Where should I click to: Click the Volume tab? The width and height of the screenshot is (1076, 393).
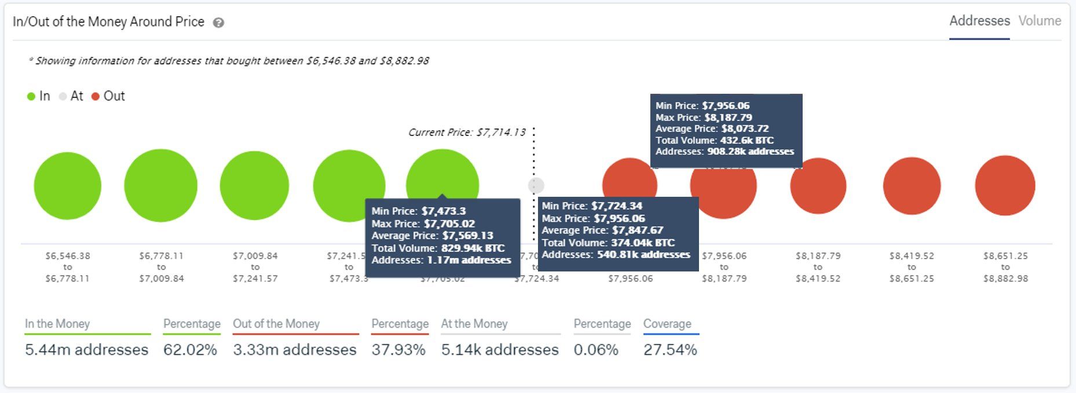[1040, 21]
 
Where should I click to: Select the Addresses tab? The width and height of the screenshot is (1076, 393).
[979, 21]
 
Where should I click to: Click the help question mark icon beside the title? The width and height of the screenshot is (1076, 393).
[218, 23]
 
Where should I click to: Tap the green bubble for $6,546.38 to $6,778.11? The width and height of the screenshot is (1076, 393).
[68, 186]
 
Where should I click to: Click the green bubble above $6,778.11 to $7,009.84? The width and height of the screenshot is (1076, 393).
[161, 186]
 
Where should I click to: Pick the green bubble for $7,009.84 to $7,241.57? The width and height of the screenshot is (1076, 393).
[254, 186]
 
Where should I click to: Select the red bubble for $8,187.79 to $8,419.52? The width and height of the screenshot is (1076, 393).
[818, 186]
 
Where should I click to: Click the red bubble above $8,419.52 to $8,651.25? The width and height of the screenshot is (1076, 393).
[912, 186]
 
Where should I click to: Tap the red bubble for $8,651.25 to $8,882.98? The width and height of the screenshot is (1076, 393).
[1005, 186]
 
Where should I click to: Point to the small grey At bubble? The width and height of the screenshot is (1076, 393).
[536, 185]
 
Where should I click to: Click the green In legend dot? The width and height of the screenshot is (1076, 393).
[31, 97]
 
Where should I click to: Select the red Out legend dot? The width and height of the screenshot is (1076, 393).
[96, 97]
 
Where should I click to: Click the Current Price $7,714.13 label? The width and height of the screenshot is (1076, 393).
[467, 133]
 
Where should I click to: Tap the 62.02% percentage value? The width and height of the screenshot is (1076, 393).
[190, 350]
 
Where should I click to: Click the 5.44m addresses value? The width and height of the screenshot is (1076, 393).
[87, 350]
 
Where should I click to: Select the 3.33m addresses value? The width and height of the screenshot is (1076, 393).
[295, 350]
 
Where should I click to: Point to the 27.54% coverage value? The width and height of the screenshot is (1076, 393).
[670, 350]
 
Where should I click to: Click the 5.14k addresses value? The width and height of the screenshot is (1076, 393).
[500, 350]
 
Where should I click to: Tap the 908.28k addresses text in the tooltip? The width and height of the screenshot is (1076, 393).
[750, 152]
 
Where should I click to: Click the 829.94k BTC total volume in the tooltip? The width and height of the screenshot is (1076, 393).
[473, 248]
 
